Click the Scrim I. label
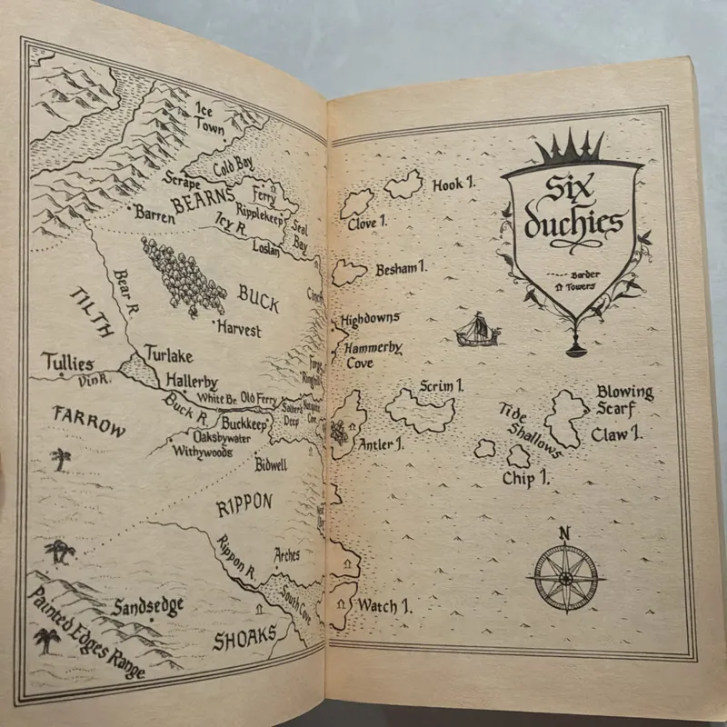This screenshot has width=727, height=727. tap(442, 387)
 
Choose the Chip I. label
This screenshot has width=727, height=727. tap(530, 477)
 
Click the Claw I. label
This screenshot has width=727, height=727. tap(617, 434)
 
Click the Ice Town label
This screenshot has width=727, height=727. tap(209, 119)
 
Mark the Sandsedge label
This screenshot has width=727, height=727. tap(149, 606)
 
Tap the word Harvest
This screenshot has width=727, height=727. tap(238, 327)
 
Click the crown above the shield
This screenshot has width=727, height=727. tap(568, 146)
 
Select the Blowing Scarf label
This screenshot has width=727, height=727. tap(624, 401)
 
